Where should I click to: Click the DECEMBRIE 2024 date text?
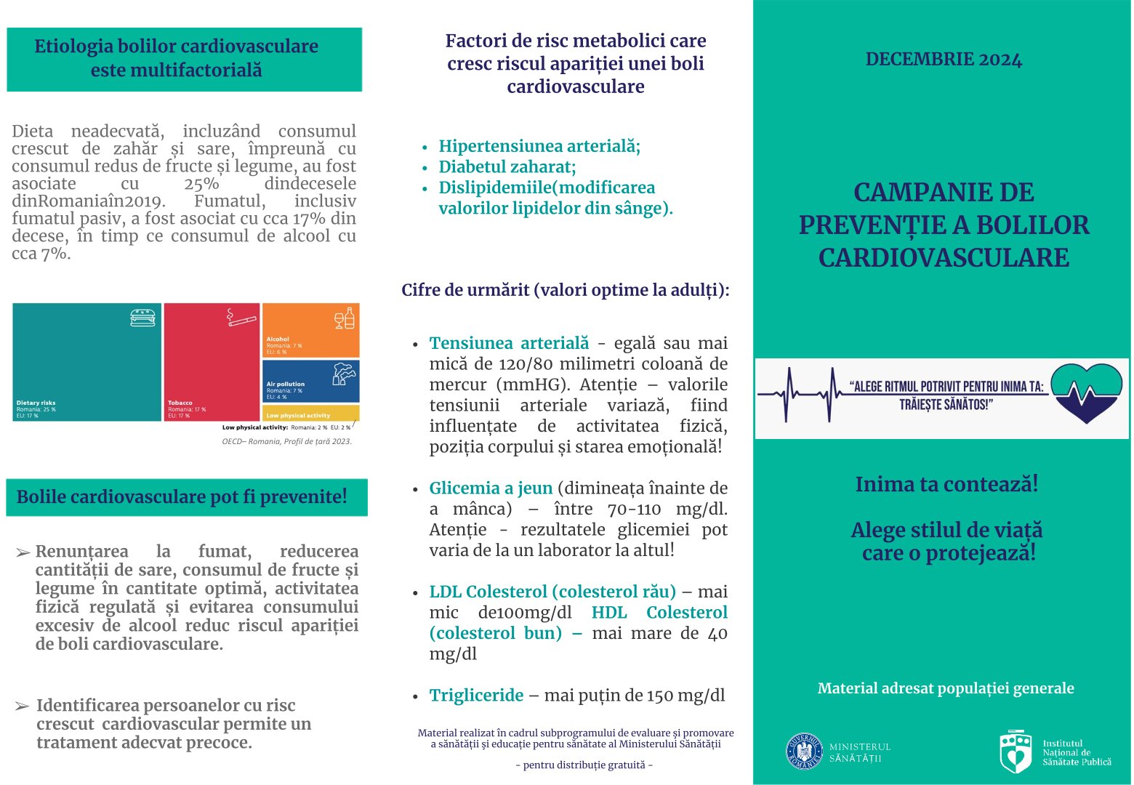click(944, 60)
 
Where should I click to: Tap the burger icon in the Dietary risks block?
click(142, 318)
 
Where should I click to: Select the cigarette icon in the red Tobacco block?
click(241, 318)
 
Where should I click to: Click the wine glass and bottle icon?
click(345, 318)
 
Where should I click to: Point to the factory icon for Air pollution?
click(344, 374)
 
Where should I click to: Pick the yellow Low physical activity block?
click(311, 414)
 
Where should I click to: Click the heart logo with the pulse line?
click(1086, 392)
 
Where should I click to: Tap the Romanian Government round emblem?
click(804, 752)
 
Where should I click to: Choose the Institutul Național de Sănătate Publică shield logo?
click(1016, 752)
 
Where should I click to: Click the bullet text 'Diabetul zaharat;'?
click(507, 167)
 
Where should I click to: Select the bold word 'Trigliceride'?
click(476, 696)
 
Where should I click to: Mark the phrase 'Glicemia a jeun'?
click(491, 488)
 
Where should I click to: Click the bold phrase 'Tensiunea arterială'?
click(509, 343)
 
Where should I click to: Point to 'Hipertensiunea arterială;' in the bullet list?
click(539, 146)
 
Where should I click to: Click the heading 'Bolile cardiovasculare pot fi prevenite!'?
click(182, 497)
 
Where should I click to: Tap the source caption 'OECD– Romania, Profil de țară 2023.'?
click(286, 441)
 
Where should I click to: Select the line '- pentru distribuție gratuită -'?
click(584, 765)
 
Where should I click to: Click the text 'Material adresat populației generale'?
click(945, 688)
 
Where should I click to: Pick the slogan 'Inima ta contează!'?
click(946, 484)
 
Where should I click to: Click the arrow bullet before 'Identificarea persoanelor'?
click(23, 706)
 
